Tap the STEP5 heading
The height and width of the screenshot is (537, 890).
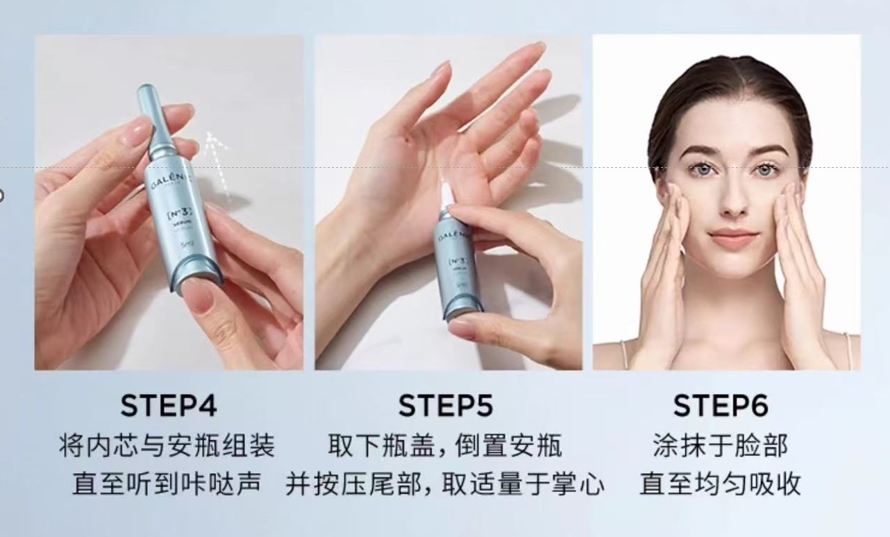445,406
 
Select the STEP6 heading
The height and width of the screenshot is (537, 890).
721,406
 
